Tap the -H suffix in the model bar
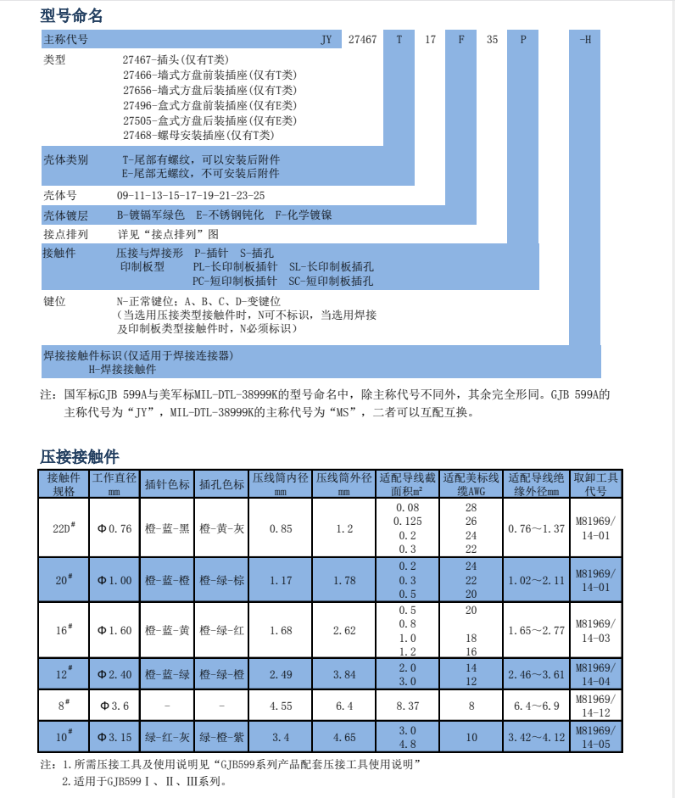[584, 40]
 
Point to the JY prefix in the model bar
[326, 40]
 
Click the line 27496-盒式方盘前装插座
[210, 105]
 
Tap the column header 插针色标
[167, 484]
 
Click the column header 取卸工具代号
[596, 484]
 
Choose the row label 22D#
[64, 528]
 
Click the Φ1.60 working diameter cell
[114, 630]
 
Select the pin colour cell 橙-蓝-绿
[167, 674]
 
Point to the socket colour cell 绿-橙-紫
[221, 737]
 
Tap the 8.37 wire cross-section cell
[408, 705]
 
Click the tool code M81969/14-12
[596, 705]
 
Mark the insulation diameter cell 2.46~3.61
[536, 674]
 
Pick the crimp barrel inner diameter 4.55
[281, 705]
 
